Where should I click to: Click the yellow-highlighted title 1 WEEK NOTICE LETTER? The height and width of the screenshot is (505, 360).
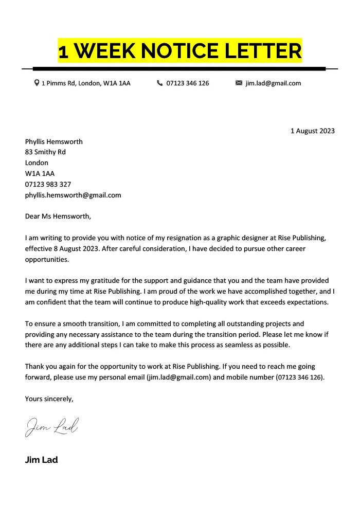tap(179, 51)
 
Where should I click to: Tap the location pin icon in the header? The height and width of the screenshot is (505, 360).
tap(37, 83)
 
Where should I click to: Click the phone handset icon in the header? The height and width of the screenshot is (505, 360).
tap(159, 83)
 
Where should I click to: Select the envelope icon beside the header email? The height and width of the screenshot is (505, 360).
tap(239, 83)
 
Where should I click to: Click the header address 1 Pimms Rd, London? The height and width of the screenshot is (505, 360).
tap(86, 83)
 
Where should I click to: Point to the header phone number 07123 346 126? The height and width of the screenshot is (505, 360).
tap(188, 83)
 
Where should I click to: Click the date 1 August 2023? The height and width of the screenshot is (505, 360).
tap(312, 131)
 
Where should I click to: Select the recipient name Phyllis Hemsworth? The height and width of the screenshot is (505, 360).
tap(53, 141)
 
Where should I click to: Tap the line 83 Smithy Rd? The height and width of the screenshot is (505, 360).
tap(45, 152)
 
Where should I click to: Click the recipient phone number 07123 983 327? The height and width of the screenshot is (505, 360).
tap(48, 184)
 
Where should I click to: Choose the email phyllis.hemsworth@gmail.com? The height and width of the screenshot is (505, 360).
tap(73, 195)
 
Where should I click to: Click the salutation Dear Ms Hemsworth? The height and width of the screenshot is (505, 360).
tap(58, 216)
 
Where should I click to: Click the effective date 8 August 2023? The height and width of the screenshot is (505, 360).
tap(77, 249)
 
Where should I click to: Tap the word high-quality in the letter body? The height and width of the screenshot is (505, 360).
tap(225, 302)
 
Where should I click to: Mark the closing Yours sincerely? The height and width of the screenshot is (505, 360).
tap(49, 398)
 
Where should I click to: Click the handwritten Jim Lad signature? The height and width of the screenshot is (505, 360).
tap(52, 427)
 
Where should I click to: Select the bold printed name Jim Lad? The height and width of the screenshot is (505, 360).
tap(41, 460)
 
